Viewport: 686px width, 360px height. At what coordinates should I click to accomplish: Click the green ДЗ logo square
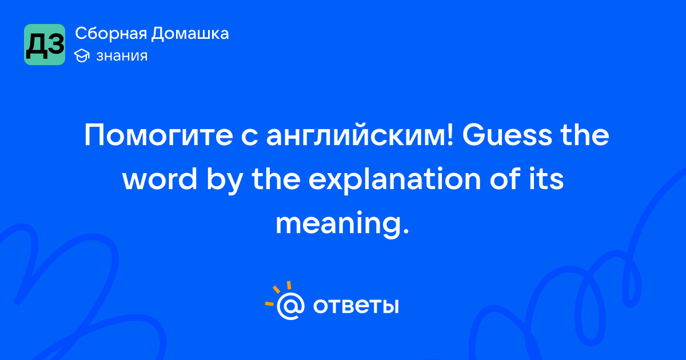(x=45, y=45)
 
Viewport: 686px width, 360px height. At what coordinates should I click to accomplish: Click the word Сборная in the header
(x=111, y=34)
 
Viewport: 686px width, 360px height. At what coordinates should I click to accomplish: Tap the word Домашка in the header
(x=190, y=34)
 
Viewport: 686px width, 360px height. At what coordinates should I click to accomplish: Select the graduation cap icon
(x=82, y=56)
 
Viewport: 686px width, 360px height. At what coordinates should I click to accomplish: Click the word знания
(x=122, y=56)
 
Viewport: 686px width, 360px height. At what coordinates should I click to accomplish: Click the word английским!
(x=360, y=135)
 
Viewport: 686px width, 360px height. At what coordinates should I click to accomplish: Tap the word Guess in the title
(x=507, y=135)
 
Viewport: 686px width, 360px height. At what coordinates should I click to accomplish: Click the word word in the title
(x=159, y=179)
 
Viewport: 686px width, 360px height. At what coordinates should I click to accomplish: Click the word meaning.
(x=342, y=224)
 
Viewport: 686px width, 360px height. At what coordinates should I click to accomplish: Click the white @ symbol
(x=290, y=306)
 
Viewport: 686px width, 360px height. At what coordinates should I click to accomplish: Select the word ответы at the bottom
(x=356, y=306)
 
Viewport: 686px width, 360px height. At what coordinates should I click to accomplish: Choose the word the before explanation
(x=276, y=179)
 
